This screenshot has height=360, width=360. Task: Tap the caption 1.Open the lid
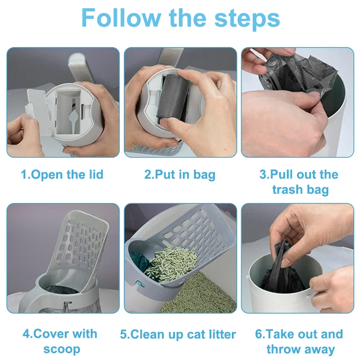click(x=62, y=175)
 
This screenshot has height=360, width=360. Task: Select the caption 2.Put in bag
click(x=180, y=175)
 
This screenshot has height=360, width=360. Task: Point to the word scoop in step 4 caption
click(x=62, y=349)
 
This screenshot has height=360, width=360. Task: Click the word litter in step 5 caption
click(x=220, y=334)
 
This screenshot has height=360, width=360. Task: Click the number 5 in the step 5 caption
click(x=124, y=334)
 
